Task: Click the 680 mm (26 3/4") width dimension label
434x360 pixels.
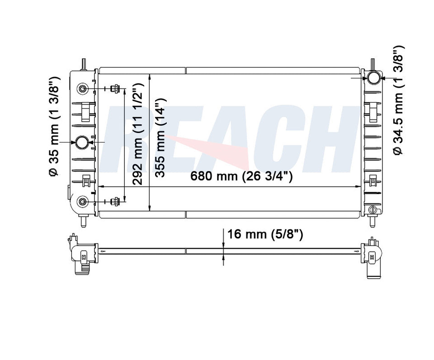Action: [241, 176]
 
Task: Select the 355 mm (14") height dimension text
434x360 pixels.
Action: [160, 137]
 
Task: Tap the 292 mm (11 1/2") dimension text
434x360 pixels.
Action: [137, 134]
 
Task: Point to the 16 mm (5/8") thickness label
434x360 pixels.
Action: [265, 234]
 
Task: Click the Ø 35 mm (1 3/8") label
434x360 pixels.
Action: [54, 126]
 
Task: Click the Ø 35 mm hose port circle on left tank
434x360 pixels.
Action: [83, 142]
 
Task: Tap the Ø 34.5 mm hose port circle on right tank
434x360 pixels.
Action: [373, 78]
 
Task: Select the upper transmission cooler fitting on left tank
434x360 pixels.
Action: [82, 89]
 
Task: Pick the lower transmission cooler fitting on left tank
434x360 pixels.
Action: [82, 201]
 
